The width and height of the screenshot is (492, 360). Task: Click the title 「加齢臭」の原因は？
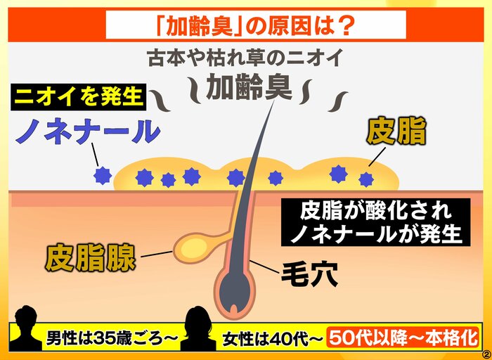coord(256,25)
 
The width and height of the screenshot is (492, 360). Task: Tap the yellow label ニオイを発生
coord(79,96)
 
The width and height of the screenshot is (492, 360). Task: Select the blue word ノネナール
coord(88,131)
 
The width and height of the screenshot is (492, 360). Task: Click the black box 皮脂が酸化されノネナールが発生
coord(376,222)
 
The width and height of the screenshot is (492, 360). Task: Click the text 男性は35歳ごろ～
coord(112,340)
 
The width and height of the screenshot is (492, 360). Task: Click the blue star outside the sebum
coord(103,176)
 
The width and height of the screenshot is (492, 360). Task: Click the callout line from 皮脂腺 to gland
coord(157,254)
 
